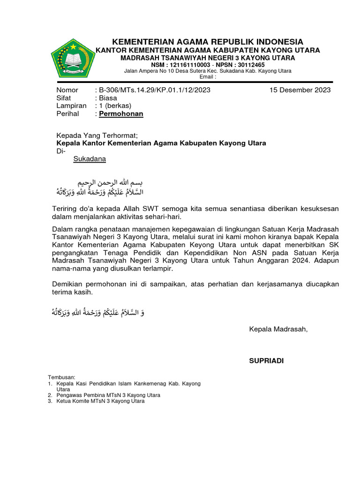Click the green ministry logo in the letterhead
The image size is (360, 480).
72,60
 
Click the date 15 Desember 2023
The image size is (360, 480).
300,90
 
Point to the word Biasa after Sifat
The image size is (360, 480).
108,98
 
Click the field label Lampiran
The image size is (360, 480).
71,106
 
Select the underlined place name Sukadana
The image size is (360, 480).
90,158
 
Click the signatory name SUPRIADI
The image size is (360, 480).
266,360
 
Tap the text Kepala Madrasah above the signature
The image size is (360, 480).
278,330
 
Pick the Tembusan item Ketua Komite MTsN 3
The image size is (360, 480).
100,401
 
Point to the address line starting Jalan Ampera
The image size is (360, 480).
207,71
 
